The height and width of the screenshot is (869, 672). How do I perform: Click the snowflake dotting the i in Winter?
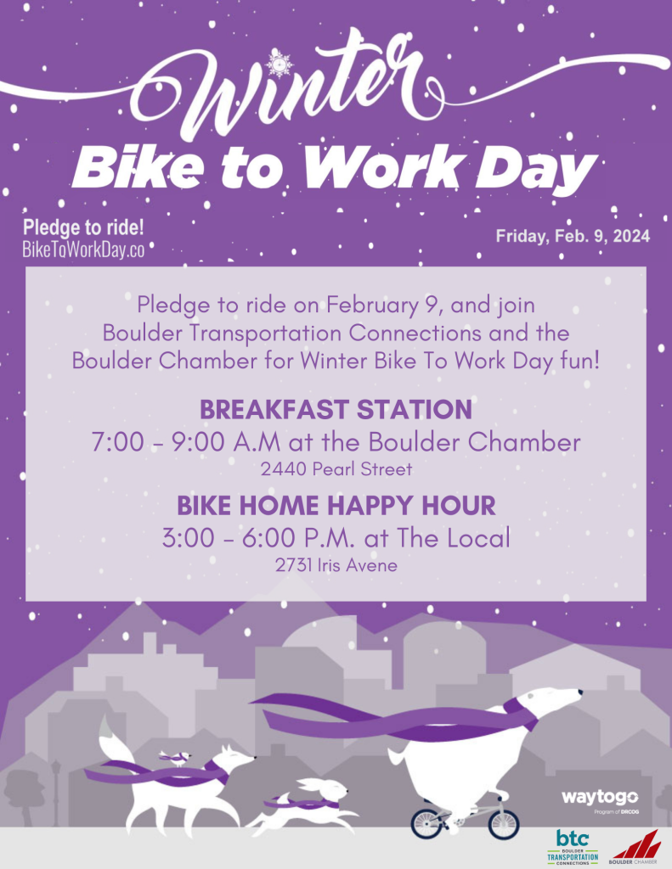279,64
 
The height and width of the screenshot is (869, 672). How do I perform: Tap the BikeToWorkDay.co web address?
83,250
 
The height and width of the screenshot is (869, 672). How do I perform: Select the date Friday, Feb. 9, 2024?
573,237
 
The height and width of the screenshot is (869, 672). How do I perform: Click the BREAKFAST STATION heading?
336,410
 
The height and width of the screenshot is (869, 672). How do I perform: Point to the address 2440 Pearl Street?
336,469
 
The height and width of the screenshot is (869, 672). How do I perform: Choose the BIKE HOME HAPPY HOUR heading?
336,506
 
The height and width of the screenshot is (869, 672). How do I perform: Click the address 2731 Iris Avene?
336,565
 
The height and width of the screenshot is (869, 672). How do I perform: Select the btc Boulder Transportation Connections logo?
573,846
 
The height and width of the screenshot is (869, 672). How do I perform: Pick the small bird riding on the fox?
177,758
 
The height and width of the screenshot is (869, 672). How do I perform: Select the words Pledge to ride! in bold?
83,227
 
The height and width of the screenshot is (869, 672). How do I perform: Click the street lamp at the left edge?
55,793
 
